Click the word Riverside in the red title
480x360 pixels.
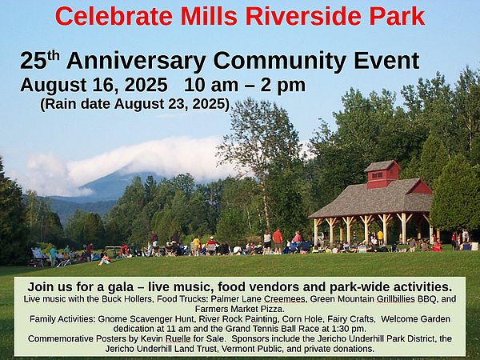[303, 16]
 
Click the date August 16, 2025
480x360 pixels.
[94, 85]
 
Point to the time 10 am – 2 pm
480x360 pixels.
[245, 85]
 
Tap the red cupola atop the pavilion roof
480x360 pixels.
[382, 174]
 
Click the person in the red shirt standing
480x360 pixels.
[278, 241]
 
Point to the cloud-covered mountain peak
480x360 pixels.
[122, 181]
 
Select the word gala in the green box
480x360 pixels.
[121, 287]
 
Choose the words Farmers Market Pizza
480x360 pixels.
[240, 308]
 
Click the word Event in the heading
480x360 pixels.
[386, 61]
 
